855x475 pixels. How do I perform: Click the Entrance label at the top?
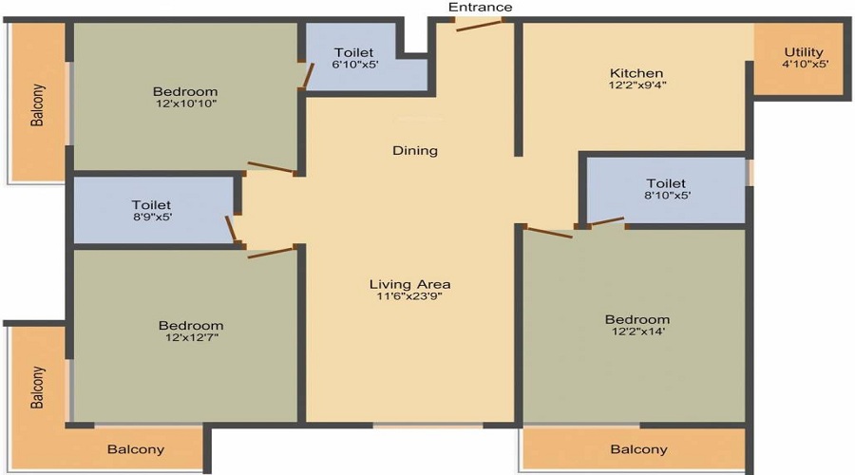(480, 7)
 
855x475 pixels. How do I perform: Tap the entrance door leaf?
(479, 26)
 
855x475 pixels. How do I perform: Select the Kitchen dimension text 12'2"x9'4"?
(637, 85)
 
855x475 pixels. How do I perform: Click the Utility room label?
(803, 52)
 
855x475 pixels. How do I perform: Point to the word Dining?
(415, 150)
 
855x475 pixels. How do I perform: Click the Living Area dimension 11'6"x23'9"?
(410, 296)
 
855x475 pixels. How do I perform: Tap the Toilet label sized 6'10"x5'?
(354, 53)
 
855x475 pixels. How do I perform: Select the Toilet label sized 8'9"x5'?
(151, 205)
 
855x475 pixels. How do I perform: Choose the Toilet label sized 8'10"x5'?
(666, 183)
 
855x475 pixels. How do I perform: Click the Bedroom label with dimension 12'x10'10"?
(185, 91)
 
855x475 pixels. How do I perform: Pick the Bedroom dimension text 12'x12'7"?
(192, 337)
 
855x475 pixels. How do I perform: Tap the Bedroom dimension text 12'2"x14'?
(638, 332)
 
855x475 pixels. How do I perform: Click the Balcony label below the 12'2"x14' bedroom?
(638, 449)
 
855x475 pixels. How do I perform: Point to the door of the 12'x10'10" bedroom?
(271, 168)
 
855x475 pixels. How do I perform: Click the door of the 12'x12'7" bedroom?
(271, 253)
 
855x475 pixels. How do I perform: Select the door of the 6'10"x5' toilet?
(309, 76)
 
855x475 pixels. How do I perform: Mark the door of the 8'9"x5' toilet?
(231, 229)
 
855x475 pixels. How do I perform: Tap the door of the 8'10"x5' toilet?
(607, 220)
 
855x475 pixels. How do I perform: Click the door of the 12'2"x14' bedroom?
(550, 233)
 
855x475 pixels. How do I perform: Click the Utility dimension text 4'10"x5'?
(805, 64)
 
